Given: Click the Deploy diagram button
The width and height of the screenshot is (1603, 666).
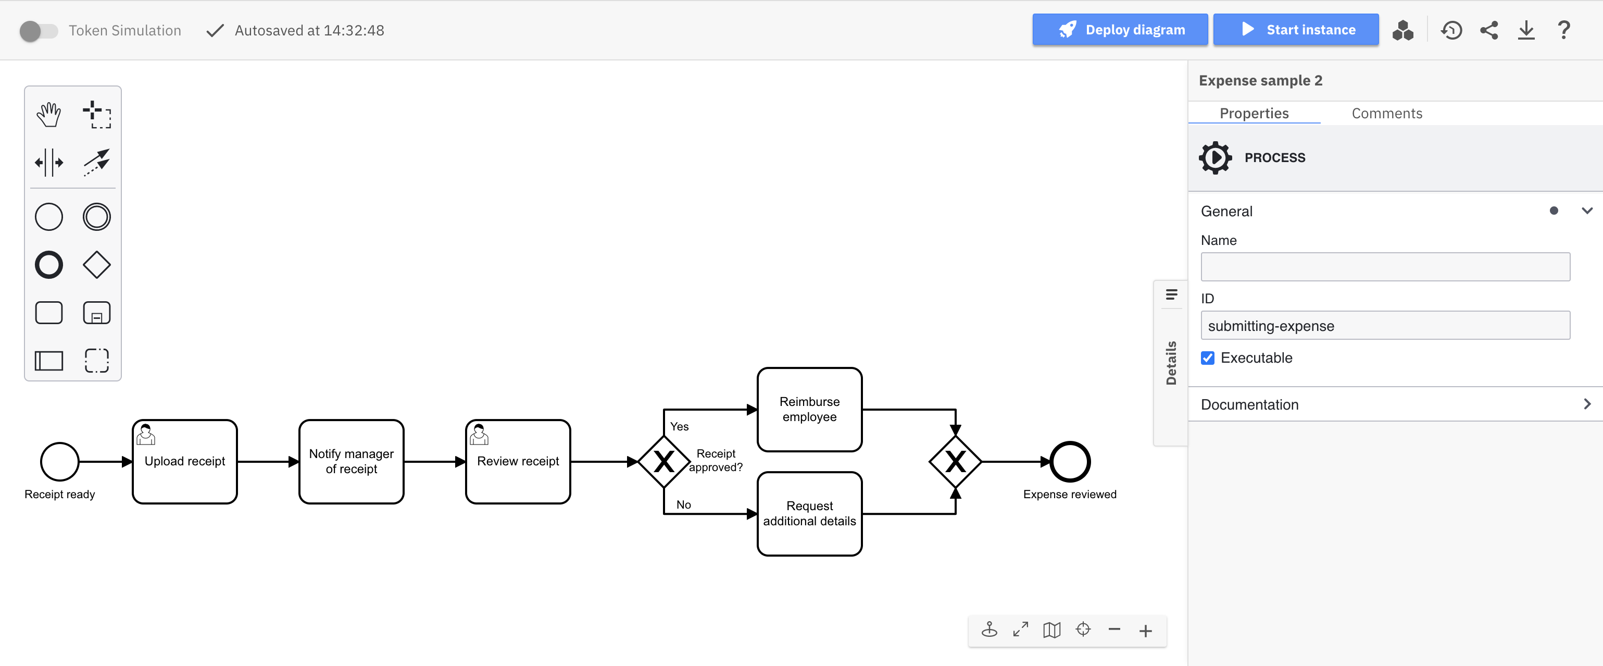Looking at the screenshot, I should pos(1120,30).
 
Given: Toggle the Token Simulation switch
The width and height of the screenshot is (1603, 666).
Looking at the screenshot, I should pos(38,31).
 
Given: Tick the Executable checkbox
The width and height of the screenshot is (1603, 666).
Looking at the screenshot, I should pos(1207,358).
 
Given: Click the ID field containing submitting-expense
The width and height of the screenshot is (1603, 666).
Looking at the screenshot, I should pos(1385,326).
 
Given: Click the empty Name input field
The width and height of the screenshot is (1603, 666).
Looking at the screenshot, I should pos(1385,267).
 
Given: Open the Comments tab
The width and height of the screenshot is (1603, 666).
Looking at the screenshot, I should pos(1386,113).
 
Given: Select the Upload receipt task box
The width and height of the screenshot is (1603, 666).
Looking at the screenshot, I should pos(185,462).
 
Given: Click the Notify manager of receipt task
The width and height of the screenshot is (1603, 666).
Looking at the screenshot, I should pos(351,462).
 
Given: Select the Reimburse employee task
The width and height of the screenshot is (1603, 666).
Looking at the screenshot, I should pos(809,410).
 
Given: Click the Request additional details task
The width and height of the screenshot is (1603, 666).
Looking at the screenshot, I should pos(809,513).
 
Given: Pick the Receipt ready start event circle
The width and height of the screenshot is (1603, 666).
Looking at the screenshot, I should pos(60,462).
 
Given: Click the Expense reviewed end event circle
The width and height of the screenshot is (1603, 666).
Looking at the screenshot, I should pos(1070,462).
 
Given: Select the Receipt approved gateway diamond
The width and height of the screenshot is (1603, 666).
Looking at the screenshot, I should pos(664,462).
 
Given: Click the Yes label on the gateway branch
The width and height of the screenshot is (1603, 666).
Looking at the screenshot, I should pos(679,426).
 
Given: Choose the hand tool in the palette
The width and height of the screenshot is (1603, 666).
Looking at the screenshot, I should pos(48,115).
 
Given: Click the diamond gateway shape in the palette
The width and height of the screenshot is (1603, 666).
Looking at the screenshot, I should pos(96,265).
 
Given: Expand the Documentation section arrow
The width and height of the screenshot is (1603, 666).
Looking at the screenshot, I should pos(1586,404).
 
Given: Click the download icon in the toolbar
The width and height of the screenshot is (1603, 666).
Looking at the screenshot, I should pos(1526,30).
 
